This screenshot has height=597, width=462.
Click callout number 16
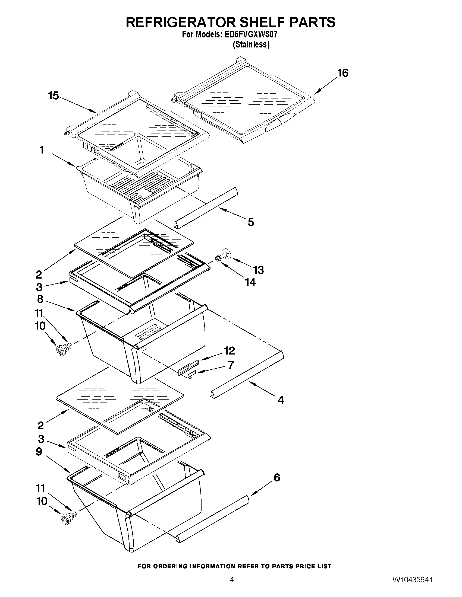coord(342,73)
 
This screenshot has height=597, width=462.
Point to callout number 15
coord(54,96)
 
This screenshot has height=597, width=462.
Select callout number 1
coord(42,150)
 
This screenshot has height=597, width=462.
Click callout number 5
coord(251,222)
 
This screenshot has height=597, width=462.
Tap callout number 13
coord(258,270)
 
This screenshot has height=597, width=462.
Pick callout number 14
coord(250,282)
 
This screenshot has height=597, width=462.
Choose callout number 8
coord(40,299)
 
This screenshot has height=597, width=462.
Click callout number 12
coord(229,350)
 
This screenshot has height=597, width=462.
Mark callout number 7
coord(231,365)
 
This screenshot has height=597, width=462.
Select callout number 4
coord(281,400)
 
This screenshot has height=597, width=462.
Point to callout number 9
coord(39,452)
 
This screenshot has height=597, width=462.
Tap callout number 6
coord(277,478)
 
